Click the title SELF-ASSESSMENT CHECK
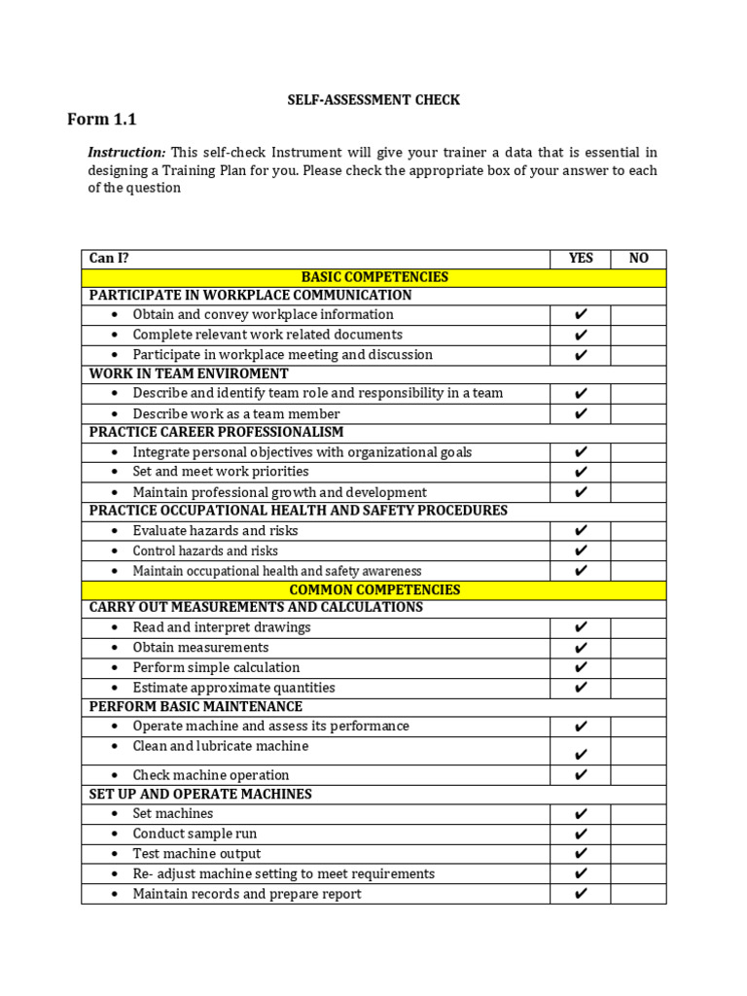[x=373, y=99]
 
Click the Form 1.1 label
[x=102, y=120]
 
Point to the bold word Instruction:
[x=126, y=153]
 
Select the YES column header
[x=581, y=258]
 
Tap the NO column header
[x=639, y=258]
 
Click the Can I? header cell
[x=109, y=258]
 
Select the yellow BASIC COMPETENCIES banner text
[x=374, y=277]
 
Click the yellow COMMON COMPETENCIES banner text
[x=374, y=589]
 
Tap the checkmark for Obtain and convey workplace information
[x=581, y=315]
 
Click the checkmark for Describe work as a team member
[x=581, y=413]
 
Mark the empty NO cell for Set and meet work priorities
[x=639, y=472]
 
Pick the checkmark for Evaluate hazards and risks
[x=581, y=531]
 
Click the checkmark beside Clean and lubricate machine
[x=581, y=754]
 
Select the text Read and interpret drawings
[x=222, y=627]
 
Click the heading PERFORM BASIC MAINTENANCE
[x=196, y=706]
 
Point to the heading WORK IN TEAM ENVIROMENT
[x=189, y=373]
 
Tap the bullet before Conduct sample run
[x=114, y=834]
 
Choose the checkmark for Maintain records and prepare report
[x=581, y=894]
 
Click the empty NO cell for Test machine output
[x=639, y=854]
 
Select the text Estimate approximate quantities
[x=233, y=688]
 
